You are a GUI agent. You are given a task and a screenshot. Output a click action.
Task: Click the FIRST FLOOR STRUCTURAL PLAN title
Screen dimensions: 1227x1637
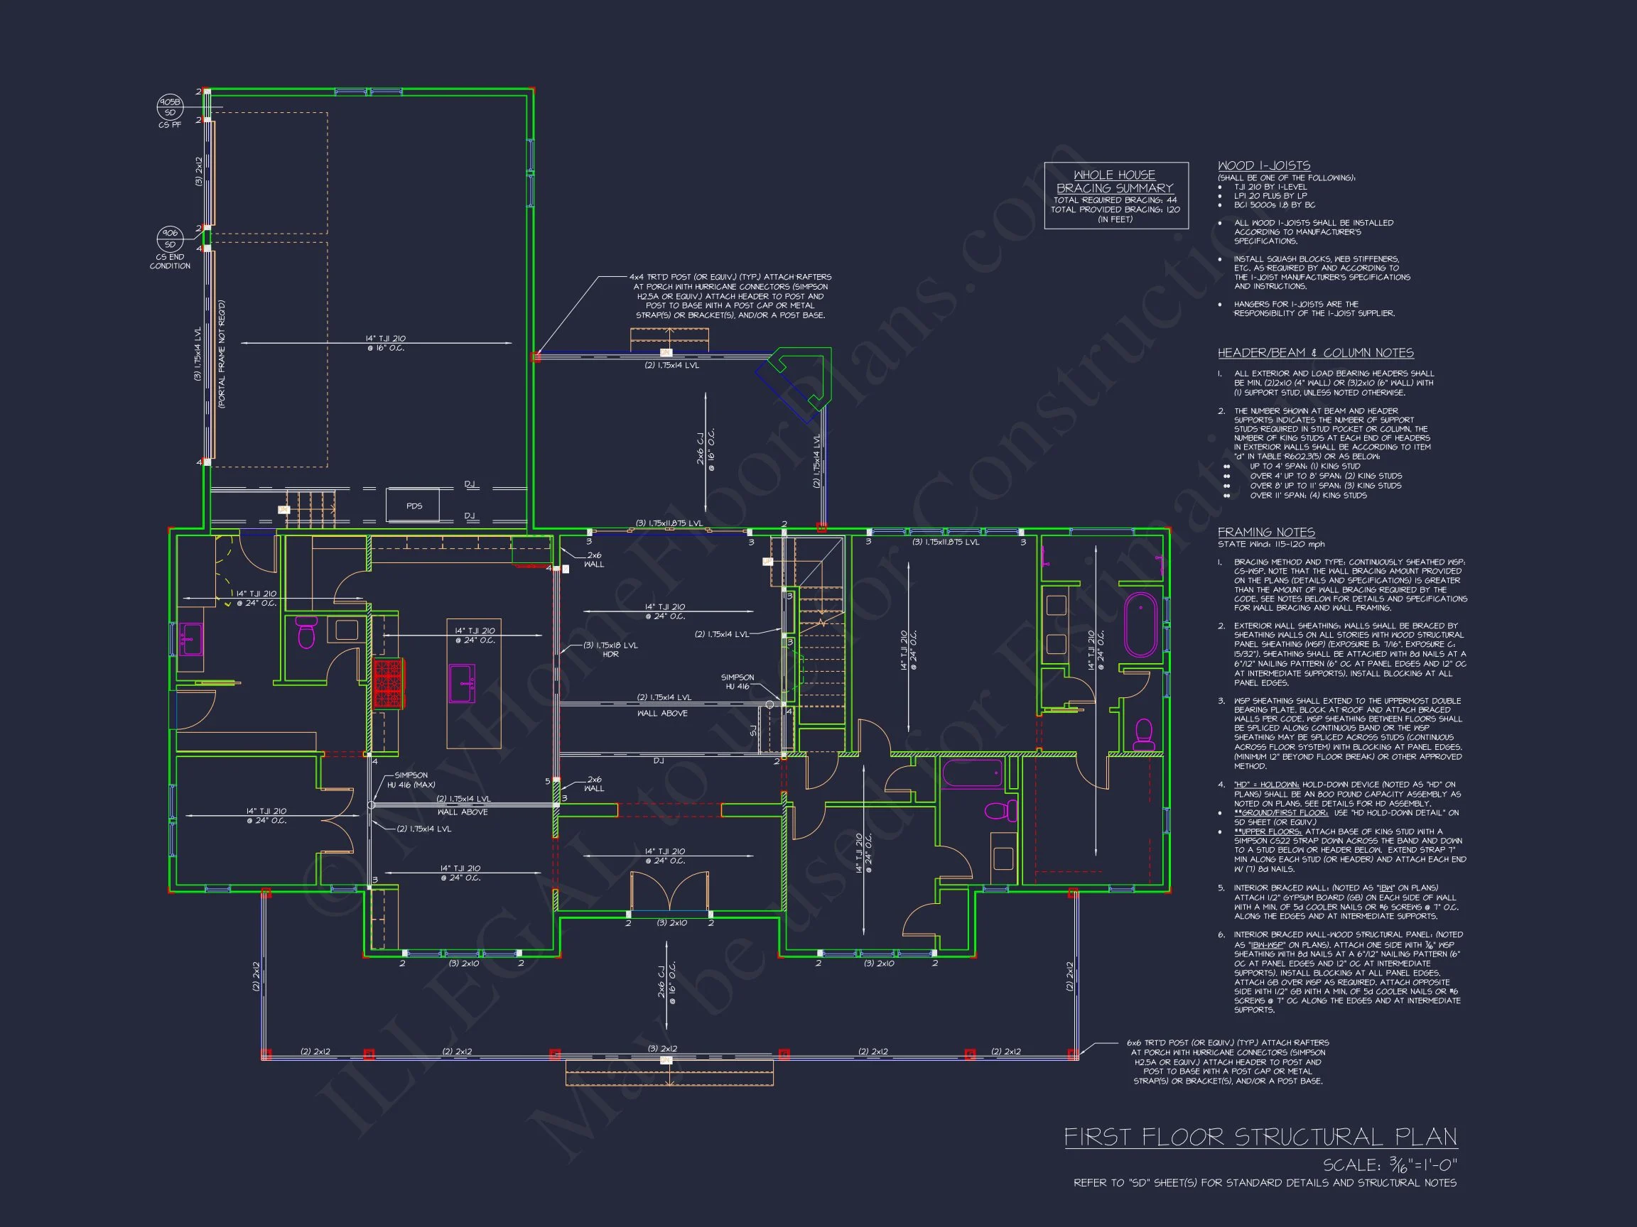point(1260,1137)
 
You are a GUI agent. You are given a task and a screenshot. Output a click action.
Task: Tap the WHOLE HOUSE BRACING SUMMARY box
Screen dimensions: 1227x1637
point(1115,195)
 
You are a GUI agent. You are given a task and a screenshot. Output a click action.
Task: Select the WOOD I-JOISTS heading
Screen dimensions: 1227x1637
point(1263,165)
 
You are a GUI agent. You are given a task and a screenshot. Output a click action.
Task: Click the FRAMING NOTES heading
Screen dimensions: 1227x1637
point(1265,532)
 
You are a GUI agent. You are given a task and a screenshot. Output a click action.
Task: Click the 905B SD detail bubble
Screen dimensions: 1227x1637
point(170,107)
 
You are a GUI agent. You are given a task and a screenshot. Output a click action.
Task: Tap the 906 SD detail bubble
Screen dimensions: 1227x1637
point(170,238)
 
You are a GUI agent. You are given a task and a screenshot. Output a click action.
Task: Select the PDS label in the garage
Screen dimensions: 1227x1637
point(414,506)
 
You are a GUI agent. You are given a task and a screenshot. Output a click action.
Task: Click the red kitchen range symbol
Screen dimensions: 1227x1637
point(387,683)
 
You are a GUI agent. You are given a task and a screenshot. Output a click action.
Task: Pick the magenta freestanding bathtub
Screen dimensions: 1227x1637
point(1140,625)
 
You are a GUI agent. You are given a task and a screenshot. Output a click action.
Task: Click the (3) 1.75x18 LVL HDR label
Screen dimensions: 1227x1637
point(610,650)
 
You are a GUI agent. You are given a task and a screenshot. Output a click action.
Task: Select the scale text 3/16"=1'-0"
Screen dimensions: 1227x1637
point(1390,1165)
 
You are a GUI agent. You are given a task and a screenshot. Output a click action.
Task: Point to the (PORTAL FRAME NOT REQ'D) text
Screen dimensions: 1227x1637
point(222,354)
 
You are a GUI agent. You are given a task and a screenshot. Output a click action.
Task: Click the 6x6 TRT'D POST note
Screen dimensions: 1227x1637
point(1227,1062)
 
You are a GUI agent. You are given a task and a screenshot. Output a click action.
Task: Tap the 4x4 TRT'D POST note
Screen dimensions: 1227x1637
point(730,296)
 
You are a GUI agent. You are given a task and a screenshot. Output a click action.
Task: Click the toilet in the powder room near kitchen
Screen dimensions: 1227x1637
point(306,633)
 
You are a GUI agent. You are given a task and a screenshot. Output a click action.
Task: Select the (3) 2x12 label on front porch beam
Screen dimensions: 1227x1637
point(662,1049)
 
